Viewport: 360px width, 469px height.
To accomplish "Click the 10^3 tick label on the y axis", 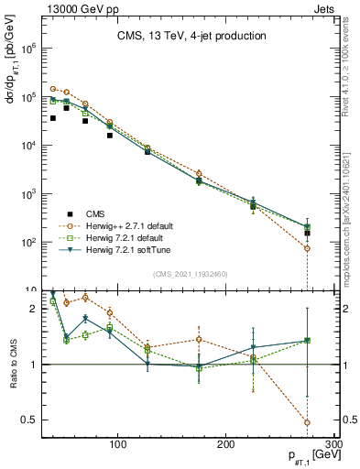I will (x=27, y=194).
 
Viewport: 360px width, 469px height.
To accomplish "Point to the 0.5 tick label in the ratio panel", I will (x=27, y=420).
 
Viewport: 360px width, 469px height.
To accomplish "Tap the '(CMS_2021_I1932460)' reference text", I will (x=191, y=273).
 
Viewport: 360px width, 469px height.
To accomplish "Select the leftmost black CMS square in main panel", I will (x=53, y=118).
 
